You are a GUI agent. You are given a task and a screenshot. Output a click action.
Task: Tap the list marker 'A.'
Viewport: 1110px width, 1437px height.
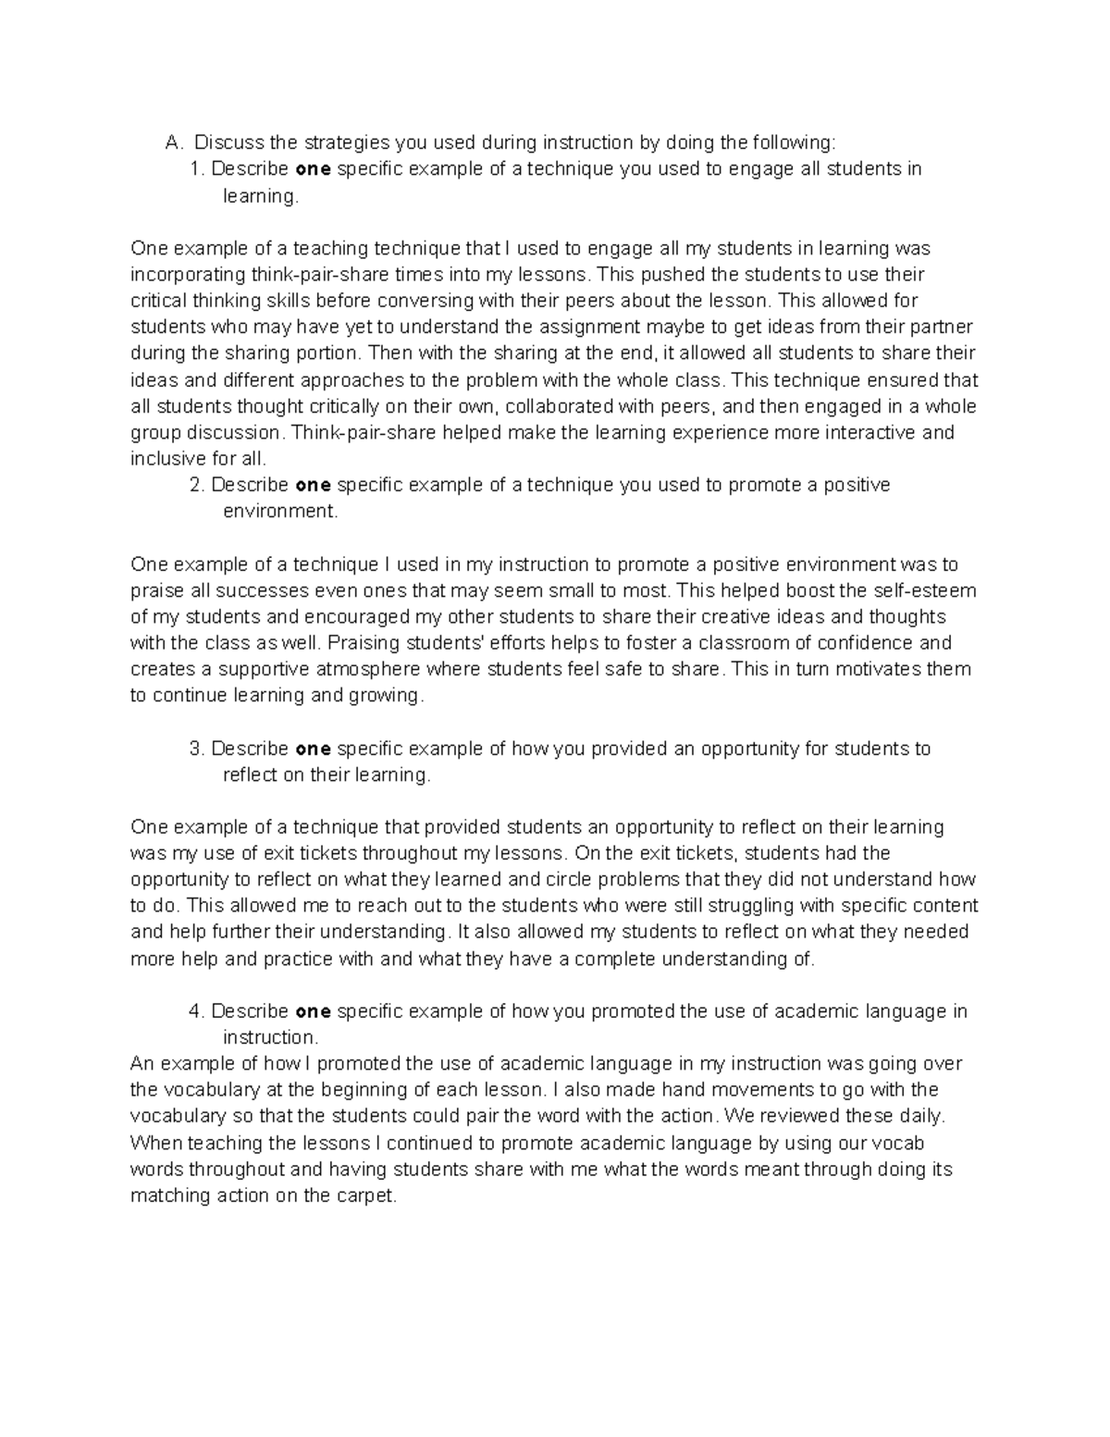(x=175, y=142)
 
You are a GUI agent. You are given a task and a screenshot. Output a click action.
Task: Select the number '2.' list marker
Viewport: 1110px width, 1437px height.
(x=196, y=485)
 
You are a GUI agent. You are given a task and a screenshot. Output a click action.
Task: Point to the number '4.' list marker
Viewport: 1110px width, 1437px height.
(x=196, y=1011)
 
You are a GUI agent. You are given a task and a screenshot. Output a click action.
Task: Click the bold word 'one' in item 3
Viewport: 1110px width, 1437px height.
(x=313, y=749)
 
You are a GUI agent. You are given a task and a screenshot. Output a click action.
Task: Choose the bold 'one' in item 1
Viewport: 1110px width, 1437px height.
(x=313, y=169)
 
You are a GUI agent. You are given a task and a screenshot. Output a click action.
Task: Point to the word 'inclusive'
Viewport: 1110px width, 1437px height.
(x=166, y=459)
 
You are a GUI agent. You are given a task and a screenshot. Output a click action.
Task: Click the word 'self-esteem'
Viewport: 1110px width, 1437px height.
(x=925, y=590)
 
